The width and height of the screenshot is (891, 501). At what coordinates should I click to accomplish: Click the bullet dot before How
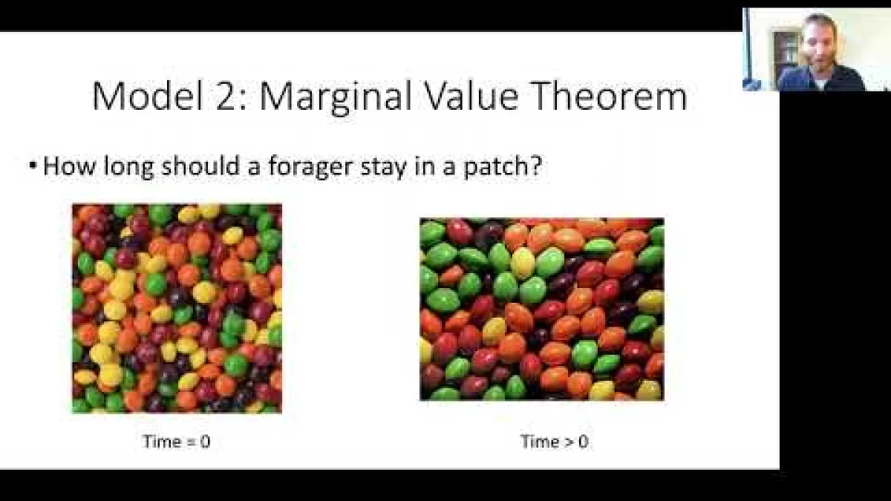click(33, 166)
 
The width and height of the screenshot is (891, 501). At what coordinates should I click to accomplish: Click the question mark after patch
click(538, 166)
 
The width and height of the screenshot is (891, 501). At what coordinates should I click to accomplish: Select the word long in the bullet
click(128, 167)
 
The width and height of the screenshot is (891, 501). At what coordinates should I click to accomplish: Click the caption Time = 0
click(177, 442)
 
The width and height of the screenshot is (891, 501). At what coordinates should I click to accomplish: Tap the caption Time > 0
click(555, 442)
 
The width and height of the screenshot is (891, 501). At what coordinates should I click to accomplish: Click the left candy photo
click(177, 309)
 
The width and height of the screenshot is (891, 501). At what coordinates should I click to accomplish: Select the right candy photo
click(542, 309)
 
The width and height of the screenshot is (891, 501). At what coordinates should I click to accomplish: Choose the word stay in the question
click(384, 167)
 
